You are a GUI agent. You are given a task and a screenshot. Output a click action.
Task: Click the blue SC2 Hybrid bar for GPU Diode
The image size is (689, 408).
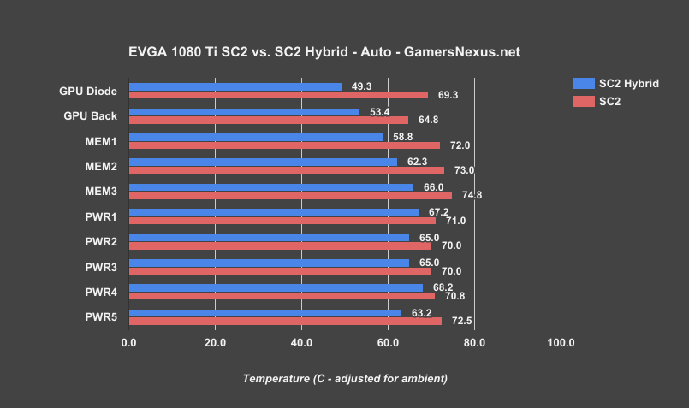pyautogui.click(x=235, y=86)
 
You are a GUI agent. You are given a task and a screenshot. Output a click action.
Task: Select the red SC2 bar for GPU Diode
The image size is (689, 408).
pyautogui.click(x=278, y=95)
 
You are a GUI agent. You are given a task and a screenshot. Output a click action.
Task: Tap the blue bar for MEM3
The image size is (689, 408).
pyautogui.click(x=270, y=186)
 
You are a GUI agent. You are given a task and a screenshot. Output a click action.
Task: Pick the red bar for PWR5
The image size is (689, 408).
pyautogui.click(x=285, y=321)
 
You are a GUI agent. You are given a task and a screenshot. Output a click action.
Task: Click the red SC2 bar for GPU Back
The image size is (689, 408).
pyautogui.click(x=269, y=120)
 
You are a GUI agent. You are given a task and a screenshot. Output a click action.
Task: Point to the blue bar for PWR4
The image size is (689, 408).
pyautogui.click(x=276, y=287)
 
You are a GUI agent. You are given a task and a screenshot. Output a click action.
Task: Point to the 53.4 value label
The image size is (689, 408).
pyautogui.click(x=379, y=111)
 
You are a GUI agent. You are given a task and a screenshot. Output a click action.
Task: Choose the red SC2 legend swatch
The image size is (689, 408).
pyautogui.click(x=582, y=102)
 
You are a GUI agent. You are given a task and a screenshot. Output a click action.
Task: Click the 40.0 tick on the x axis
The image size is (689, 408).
pyautogui.click(x=301, y=343)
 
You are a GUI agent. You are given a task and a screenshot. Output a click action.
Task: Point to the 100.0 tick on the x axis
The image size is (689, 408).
pyautogui.click(x=561, y=343)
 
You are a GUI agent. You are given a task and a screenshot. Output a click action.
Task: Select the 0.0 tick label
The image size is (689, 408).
pyautogui.click(x=129, y=343)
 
